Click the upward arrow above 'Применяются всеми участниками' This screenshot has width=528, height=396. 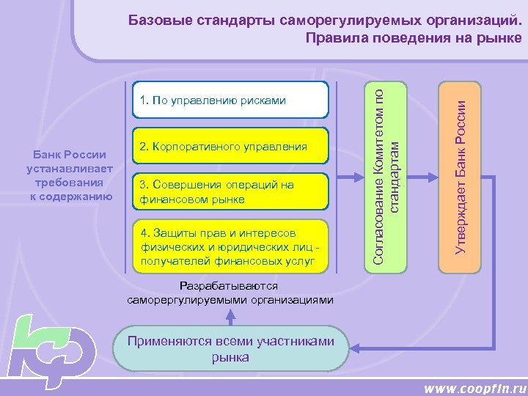[230, 316]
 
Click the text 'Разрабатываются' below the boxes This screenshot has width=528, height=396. [230, 287]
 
